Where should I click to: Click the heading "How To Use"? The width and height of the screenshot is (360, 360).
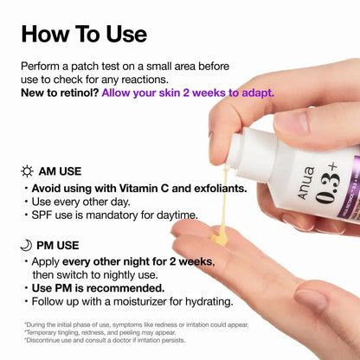(84, 34)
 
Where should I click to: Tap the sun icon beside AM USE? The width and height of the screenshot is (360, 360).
(27, 170)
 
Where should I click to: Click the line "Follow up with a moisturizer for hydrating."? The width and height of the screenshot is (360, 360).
(132, 302)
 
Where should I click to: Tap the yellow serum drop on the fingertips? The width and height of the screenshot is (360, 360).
(222, 232)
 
